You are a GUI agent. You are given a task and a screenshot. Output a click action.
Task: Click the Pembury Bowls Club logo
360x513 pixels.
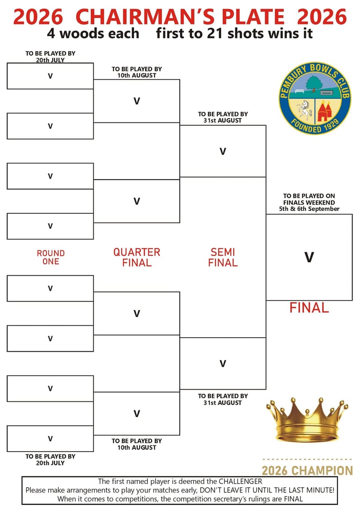click(x=315, y=98)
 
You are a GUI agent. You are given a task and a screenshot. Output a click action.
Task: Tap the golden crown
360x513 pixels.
click(x=307, y=420)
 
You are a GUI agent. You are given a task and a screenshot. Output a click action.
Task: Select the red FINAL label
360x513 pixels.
click(x=309, y=308)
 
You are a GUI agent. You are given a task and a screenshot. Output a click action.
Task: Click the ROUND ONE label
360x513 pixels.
click(x=51, y=257)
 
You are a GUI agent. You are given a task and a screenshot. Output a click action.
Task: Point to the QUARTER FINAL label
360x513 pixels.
click(x=137, y=257)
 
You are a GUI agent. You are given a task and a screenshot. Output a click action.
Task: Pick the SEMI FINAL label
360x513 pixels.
click(x=223, y=257)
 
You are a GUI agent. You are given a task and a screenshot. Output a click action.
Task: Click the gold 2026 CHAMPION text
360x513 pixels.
click(x=307, y=470)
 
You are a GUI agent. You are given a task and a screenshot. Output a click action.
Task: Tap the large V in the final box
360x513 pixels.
click(x=309, y=257)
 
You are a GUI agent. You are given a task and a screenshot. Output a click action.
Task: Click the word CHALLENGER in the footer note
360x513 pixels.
click(x=235, y=482)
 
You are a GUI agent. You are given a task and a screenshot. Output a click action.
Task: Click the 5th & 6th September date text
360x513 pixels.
click(x=309, y=209)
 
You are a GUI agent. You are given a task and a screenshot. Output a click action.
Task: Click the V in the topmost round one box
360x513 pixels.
click(x=50, y=76)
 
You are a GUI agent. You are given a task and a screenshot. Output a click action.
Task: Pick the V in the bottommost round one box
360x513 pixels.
click(x=50, y=439)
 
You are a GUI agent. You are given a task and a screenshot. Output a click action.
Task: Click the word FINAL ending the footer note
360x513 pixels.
click(x=292, y=499)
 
